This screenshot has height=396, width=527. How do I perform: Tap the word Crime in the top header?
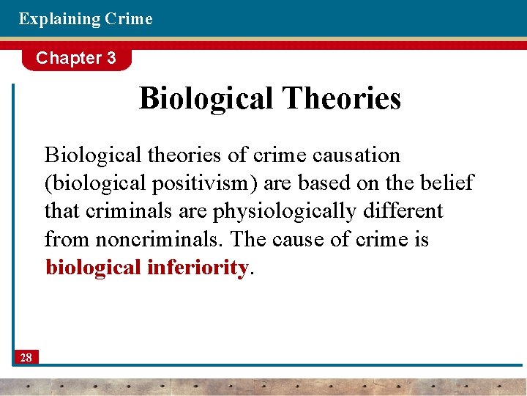point(129,19)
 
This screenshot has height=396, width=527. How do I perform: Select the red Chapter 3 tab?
point(76,58)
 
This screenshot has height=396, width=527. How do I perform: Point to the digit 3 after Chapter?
point(111,58)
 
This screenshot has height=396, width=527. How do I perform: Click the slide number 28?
point(26,357)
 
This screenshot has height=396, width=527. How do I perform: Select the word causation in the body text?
point(356,155)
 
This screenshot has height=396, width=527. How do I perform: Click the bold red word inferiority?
point(198,268)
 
